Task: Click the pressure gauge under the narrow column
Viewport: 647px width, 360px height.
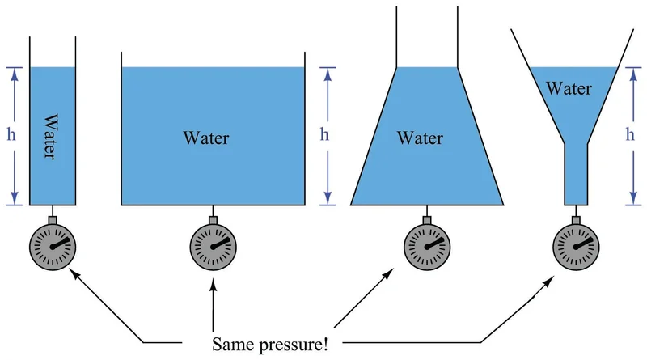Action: pyautogui.click(x=53, y=247)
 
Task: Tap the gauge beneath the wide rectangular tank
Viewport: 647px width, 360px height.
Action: pyautogui.click(x=213, y=247)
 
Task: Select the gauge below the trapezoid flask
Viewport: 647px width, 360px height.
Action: pyautogui.click(x=427, y=247)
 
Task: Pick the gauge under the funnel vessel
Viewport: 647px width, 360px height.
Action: pyautogui.click(x=576, y=247)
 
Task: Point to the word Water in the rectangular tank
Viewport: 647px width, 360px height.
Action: pyautogui.click(x=206, y=138)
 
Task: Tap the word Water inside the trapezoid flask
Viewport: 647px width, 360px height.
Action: pyautogui.click(x=420, y=138)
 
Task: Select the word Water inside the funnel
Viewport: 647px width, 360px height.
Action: pyautogui.click(x=569, y=88)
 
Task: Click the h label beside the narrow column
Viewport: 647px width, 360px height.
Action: pyautogui.click(x=11, y=133)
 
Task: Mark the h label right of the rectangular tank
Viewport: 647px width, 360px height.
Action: pyautogui.click(x=325, y=133)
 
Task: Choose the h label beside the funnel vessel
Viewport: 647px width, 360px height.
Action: pyautogui.click(x=630, y=133)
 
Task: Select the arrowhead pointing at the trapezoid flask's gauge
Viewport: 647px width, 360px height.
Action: pyautogui.click(x=389, y=273)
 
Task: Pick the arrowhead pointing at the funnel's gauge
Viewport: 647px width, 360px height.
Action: pyautogui.click(x=549, y=282)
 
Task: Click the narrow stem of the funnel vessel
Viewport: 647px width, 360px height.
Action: pyautogui.click(x=576, y=174)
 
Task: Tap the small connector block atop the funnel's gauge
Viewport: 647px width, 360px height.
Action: pyautogui.click(x=576, y=220)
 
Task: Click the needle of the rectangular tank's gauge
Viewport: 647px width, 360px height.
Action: pyautogui.click(x=221, y=244)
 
